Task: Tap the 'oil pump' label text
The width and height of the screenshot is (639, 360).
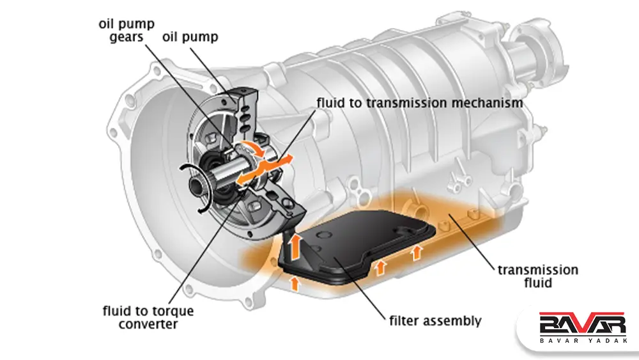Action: click(189, 37)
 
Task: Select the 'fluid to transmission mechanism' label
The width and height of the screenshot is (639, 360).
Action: click(420, 102)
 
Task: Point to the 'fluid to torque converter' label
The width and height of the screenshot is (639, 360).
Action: click(148, 318)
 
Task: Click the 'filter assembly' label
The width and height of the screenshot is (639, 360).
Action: click(435, 320)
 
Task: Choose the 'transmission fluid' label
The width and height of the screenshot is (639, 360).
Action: click(537, 276)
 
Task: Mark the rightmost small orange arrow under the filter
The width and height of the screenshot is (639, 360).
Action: click(417, 252)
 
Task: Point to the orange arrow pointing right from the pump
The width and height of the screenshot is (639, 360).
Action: click(284, 158)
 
